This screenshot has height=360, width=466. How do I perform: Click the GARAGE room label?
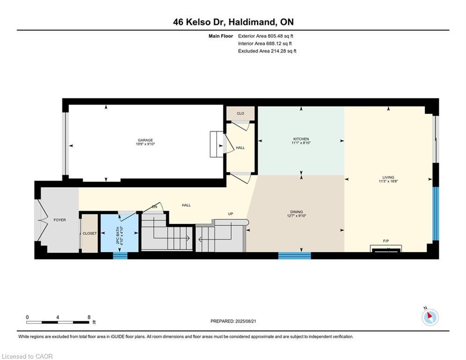coord(145,140)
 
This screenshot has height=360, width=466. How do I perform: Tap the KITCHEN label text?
coord(301,139)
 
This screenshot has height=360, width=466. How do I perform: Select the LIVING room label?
coord(388,177)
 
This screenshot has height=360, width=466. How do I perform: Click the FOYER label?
coord(59,219)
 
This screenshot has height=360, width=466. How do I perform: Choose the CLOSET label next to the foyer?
coord(89,233)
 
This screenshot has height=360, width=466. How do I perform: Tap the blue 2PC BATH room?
coord(120,233)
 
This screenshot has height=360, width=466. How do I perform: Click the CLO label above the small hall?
coord(240,113)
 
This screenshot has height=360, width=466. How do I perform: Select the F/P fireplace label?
coord(386,241)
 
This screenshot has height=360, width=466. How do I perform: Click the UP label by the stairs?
coord(230,214)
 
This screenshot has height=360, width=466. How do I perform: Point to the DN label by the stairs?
coord(154,207)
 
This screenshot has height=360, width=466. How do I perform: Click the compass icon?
coord(429,317)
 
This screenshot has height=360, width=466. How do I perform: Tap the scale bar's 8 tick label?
coord(89,317)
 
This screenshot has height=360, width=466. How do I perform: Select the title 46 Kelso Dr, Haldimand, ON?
coord(233,22)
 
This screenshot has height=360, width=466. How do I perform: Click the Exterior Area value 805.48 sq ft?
coord(266,36)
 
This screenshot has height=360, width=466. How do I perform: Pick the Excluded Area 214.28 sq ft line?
coord(267,51)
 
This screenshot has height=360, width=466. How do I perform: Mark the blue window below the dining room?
coord(295,255)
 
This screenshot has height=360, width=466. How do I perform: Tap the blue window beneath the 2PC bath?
coord(120,255)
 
